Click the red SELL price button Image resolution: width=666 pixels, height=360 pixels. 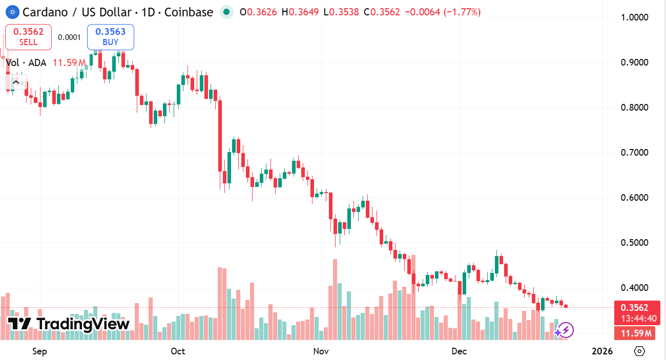(28, 37)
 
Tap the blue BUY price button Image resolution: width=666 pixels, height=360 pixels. (111, 37)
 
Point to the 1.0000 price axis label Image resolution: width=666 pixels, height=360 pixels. (635, 17)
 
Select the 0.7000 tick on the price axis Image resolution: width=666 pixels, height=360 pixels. (635, 153)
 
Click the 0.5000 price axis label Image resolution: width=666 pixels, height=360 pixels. (635, 243)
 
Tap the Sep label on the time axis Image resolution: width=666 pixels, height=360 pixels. (39, 351)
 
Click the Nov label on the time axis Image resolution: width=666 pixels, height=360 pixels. (321, 351)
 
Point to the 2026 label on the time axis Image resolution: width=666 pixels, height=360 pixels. (602, 351)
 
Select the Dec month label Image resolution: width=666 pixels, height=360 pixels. (459, 351)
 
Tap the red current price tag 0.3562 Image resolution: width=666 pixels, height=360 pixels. (635, 308)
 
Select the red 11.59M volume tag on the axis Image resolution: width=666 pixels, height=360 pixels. (636, 334)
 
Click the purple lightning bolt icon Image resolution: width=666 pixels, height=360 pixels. (566, 330)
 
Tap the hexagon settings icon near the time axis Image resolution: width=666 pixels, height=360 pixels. (639, 351)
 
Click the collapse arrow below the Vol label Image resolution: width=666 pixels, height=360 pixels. (16, 81)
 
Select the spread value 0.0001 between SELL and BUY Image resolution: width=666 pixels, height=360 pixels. (69, 37)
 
